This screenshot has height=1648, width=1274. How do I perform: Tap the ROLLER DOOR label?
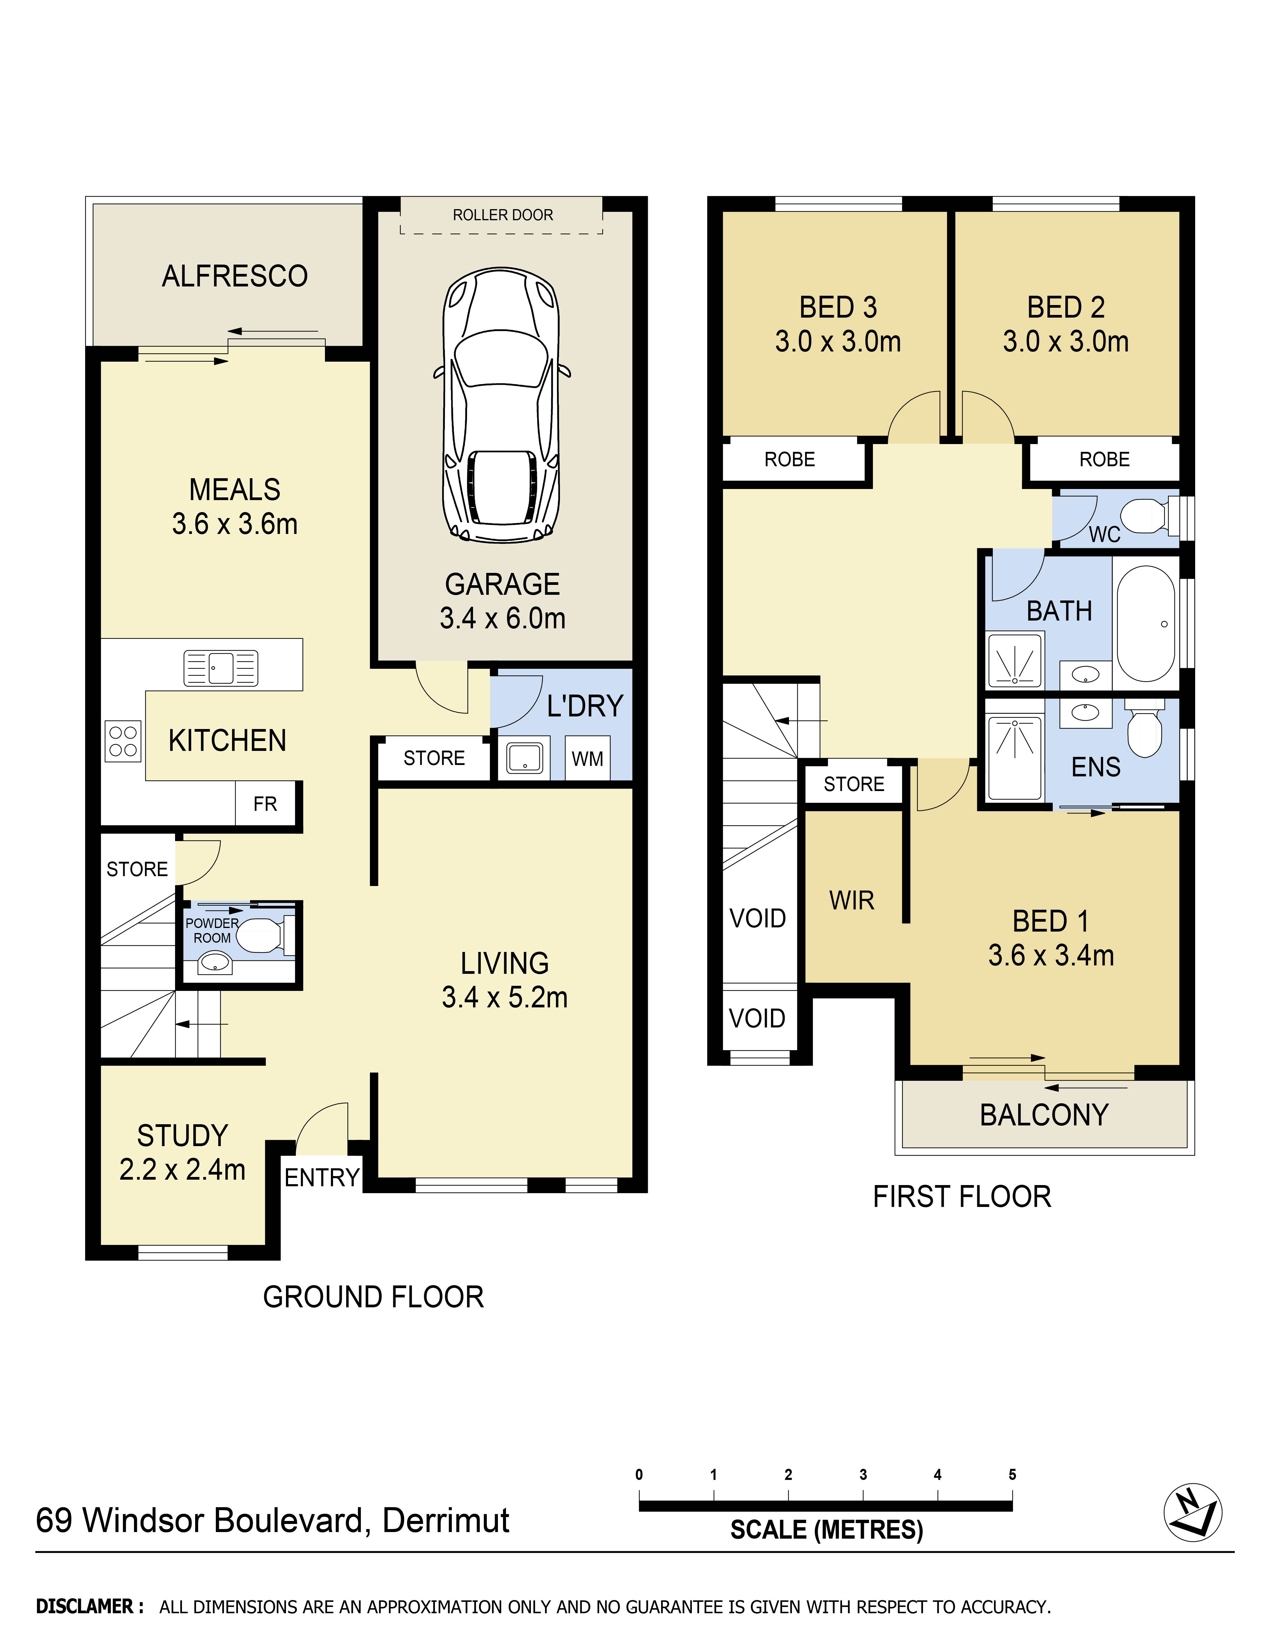[x=503, y=215]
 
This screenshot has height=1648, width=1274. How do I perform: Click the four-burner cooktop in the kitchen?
[x=123, y=741]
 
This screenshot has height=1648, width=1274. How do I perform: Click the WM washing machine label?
[x=587, y=759]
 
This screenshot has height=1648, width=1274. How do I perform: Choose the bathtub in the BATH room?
[x=1146, y=624]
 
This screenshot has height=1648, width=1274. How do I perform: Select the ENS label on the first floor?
[x=1096, y=767]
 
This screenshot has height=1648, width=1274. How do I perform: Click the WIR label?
[x=851, y=900]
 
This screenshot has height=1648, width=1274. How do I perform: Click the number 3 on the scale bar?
[x=863, y=1475]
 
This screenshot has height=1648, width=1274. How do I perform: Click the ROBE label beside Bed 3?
[x=790, y=460]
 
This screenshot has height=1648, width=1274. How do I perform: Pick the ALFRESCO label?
[x=235, y=276]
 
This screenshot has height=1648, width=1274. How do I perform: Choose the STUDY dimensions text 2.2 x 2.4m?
[x=183, y=1169]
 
